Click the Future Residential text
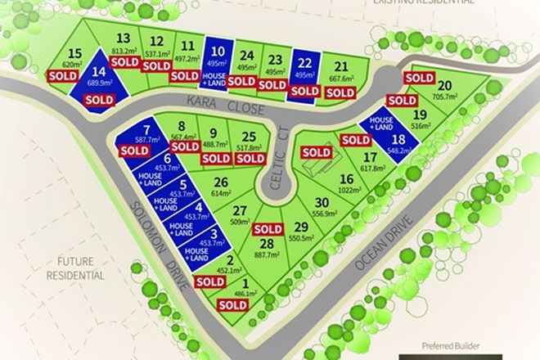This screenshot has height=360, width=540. pyautogui.click(x=74, y=268)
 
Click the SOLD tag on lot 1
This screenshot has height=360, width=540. pyautogui.click(x=233, y=304)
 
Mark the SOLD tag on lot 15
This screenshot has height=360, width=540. pyautogui.click(x=63, y=75)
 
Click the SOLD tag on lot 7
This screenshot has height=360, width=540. pyautogui.click(x=134, y=151)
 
